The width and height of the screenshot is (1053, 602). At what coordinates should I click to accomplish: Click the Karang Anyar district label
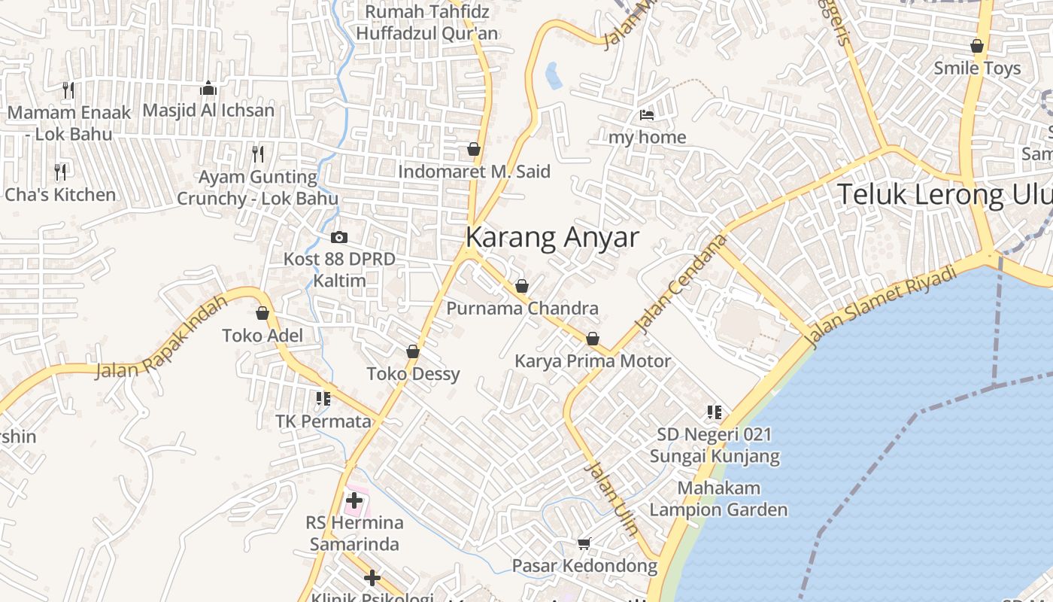point(552,237)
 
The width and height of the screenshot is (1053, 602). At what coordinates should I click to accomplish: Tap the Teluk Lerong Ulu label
point(944,194)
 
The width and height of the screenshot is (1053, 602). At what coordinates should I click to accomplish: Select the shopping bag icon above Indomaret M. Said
point(474,149)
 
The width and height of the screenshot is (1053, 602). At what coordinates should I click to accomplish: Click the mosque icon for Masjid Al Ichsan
point(208,89)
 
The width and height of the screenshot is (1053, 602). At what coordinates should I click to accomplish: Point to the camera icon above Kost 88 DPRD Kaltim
point(339,237)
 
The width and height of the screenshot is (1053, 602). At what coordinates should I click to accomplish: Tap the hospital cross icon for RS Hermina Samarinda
point(354,499)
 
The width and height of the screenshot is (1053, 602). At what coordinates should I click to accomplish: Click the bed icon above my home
point(647,115)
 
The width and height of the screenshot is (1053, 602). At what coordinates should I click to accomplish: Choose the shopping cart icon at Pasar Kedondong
point(584,543)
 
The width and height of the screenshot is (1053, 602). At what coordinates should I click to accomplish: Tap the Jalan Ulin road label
point(611,498)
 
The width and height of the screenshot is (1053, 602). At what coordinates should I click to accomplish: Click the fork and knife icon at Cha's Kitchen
point(60,172)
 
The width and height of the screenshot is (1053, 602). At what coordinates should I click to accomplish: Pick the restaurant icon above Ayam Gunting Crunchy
point(258,154)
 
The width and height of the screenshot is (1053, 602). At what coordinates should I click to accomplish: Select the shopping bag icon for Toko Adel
point(262,313)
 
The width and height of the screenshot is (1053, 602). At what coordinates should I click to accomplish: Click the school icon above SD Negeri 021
point(714,412)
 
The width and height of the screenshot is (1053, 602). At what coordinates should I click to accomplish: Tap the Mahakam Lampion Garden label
point(718,499)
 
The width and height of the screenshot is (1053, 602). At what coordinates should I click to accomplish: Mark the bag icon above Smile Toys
point(977,46)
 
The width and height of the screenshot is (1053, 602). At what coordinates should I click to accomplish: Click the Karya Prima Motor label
point(592,361)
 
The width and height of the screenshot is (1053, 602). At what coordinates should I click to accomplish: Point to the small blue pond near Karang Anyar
point(554,75)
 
